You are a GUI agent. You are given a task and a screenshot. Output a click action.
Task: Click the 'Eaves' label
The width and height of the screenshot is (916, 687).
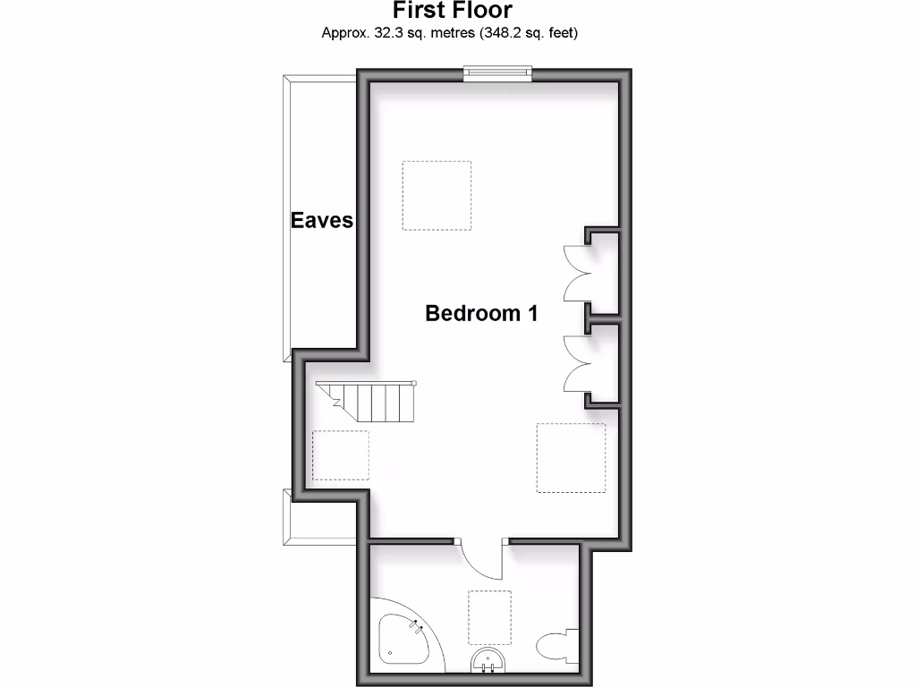pyautogui.click(x=322, y=220)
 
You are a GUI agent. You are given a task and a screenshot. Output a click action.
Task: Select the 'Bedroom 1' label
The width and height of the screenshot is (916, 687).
pyautogui.click(x=481, y=313)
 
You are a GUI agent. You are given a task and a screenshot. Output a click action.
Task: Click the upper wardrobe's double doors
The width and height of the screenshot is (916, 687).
pyautogui.click(x=572, y=274)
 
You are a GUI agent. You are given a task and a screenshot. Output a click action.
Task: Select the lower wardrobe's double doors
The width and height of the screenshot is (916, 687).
pyautogui.click(x=572, y=363)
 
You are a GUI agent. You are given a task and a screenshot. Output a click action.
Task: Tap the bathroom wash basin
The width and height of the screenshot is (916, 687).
pyautogui.click(x=488, y=661)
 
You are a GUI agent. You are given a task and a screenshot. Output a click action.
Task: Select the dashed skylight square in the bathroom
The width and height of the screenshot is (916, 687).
pyautogui.click(x=489, y=616)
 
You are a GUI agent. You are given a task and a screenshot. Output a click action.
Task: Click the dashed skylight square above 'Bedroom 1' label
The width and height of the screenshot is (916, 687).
pyautogui.click(x=437, y=195)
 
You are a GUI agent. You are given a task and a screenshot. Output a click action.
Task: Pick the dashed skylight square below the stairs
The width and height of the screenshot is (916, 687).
pyautogui.click(x=340, y=456)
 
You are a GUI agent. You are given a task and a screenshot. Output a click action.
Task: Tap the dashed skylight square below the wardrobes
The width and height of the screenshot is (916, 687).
pyautogui.click(x=571, y=457)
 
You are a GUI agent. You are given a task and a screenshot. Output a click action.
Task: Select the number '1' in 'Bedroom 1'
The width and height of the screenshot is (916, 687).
pyautogui.click(x=532, y=313)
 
